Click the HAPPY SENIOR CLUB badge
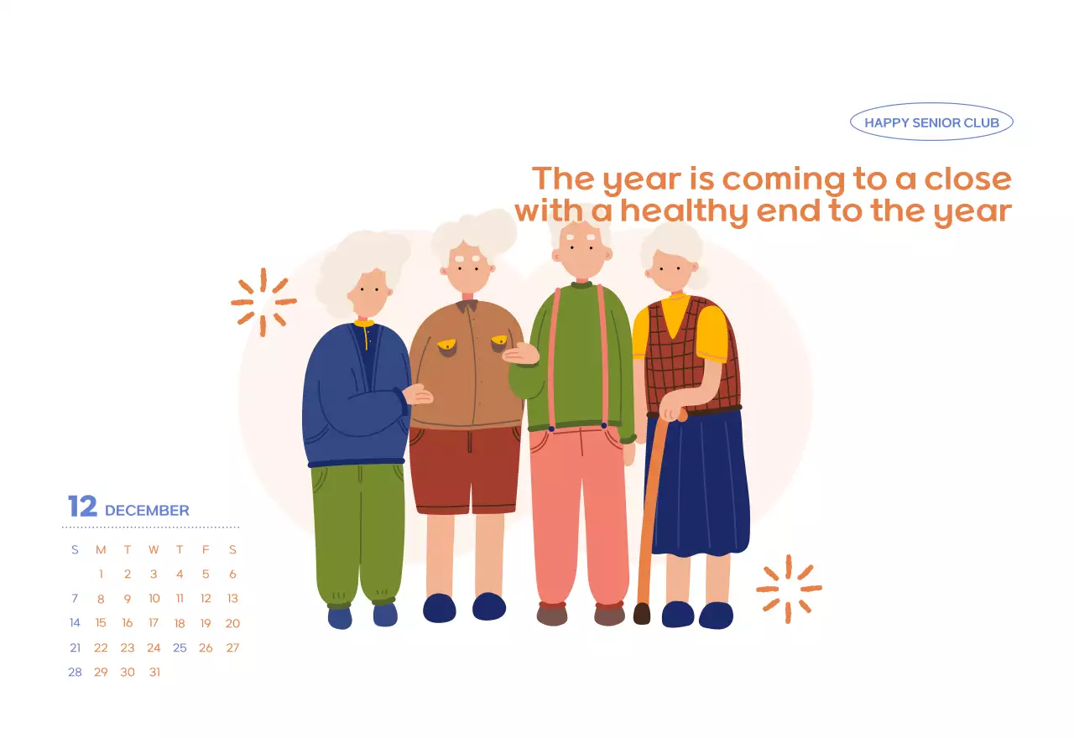click(931, 122)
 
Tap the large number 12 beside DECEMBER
click(82, 507)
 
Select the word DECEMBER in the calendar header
click(147, 510)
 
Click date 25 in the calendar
click(180, 647)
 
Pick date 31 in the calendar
click(154, 672)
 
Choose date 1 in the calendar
click(101, 574)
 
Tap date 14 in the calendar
click(75, 623)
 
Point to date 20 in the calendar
click(232, 623)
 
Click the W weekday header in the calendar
click(154, 550)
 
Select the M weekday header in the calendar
click(101, 550)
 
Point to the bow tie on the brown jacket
click(467, 305)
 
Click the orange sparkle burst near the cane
click(788, 589)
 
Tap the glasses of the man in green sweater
click(581, 238)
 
